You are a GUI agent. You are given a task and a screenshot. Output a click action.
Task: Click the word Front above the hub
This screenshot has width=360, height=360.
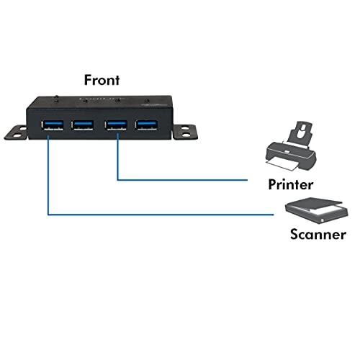pos(102,80)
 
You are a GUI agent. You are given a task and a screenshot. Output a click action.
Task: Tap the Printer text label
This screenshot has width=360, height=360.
pos(291,184)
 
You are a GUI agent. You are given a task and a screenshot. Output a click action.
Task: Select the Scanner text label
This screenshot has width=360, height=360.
pos(318,234)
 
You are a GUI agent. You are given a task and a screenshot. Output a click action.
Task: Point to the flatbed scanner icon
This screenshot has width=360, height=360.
pos(317,211)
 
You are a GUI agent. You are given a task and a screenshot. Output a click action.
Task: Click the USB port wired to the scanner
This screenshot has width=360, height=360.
pos(53,125)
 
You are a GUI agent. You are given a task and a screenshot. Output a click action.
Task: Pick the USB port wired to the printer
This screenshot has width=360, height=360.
pos(116,125)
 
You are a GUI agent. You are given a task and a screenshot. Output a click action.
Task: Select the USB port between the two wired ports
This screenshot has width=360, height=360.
pos(82,125)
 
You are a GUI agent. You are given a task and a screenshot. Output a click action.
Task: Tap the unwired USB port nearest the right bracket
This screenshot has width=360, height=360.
pos(147,125)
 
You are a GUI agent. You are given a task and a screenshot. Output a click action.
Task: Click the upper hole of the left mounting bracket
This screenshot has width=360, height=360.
pos(23,129)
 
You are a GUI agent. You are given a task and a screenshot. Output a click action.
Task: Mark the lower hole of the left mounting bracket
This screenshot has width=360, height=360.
pos(17,135)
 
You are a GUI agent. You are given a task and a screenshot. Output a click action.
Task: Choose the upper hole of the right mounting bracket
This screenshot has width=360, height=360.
pos(184,128)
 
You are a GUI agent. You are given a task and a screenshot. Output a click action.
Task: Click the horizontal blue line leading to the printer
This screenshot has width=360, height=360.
pos(182,180)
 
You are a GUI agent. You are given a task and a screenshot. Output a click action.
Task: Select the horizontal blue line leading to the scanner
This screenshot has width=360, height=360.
pos(161,215)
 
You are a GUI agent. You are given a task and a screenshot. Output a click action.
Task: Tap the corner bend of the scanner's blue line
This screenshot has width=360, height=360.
pos(48,215)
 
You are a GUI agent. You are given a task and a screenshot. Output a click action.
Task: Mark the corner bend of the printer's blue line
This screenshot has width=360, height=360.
pos(117,180)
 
